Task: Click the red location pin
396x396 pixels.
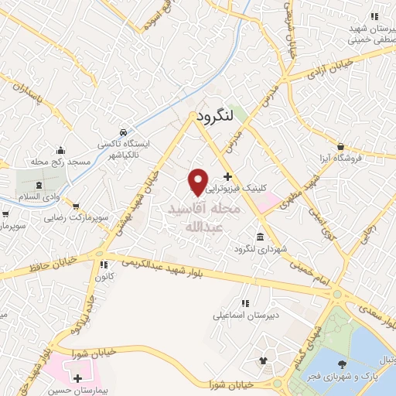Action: pyautogui.click(x=198, y=181)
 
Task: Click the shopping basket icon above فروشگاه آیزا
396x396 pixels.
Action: pyautogui.click(x=340, y=145)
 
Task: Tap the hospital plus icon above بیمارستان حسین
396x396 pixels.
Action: pyautogui.click(x=77, y=378)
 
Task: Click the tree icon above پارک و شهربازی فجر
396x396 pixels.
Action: pyautogui.click(x=343, y=364)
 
